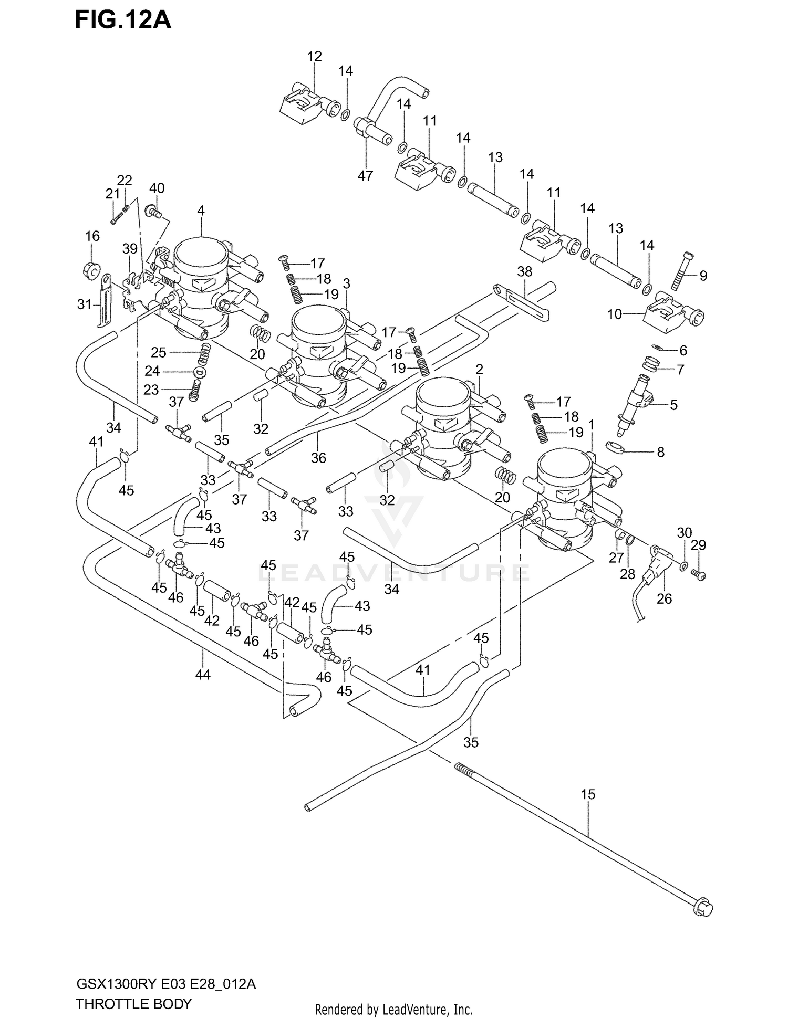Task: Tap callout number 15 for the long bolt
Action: coord(588,794)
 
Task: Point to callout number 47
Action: coord(365,176)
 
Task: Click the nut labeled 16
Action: coord(92,270)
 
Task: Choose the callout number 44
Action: coord(203,675)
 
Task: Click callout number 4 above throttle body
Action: coord(201,211)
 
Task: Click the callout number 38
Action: coord(524,271)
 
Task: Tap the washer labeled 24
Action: coord(199,372)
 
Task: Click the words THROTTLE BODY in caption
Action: coord(133,1004)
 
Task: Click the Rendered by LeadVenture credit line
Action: coord(393,1010)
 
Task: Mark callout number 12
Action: coord(314,56)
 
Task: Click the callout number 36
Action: coord(318,458)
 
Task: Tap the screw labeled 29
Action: coord(700,575)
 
